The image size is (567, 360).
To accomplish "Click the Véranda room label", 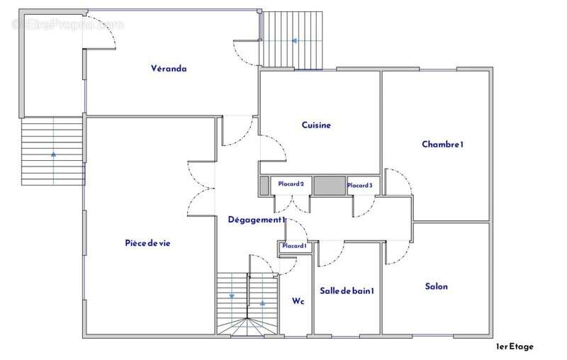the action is (169, 68).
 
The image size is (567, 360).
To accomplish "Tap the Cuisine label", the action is (316, 125).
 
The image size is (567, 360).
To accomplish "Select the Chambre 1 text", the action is (442, 145).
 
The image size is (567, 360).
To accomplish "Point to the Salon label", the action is (436, 286).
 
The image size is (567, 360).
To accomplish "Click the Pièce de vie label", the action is (147, 243).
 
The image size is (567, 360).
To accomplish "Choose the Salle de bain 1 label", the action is (347, 291).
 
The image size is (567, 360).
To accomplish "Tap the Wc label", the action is (298, 301).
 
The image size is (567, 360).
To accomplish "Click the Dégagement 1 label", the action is (257, 220).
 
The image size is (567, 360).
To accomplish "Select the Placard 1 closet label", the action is (294, 246).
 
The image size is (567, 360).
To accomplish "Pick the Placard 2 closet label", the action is (291, 184).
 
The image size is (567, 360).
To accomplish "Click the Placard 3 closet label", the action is (360, 185).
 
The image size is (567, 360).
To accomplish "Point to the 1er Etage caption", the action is (515, 347).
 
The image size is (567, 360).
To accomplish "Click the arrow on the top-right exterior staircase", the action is (294, 41).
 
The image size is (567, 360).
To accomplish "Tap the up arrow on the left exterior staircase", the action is (54, 154).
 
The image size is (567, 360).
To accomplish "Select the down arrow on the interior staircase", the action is (232, 296).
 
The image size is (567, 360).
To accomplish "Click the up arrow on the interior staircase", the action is (262, 303).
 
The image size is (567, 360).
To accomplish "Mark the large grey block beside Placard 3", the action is (330, 186).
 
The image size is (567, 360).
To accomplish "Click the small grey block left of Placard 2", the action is (264, 186).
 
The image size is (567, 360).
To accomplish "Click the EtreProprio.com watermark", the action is (67, 25).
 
